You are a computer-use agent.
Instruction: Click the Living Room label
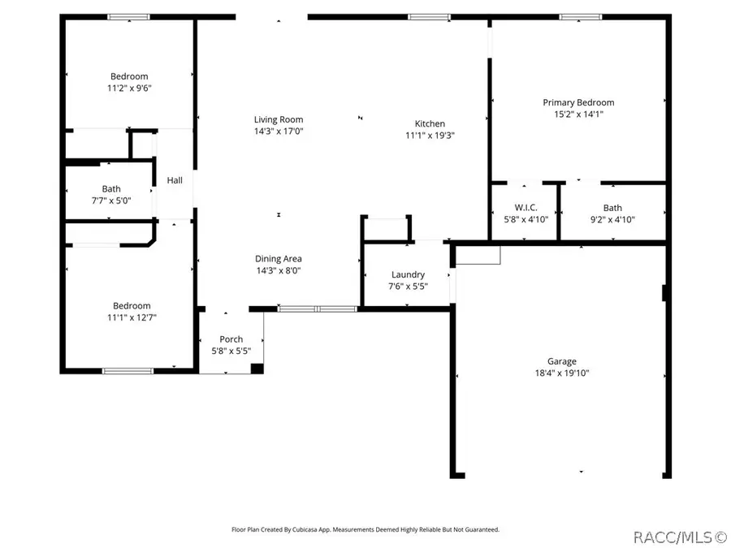coord(279,120)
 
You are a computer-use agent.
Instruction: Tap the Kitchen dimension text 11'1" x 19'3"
coord(430,136)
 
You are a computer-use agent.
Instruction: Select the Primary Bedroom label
coord(578,103)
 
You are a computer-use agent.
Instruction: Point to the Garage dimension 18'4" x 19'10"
coord(561,373)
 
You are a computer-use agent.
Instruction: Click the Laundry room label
coord(408,275)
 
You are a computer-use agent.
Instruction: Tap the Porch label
coord(231,339)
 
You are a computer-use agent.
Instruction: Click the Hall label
coord(175,181)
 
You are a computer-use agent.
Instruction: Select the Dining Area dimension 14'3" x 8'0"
coord(279,270)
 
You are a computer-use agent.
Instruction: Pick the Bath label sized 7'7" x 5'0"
coord(111,189)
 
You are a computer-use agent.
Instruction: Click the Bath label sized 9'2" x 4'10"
coord(612,208)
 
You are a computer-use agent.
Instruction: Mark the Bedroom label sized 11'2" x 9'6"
coord(129,77)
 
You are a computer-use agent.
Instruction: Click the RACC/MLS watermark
coord(680,537)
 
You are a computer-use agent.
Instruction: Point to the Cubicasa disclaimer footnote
coord(365,529)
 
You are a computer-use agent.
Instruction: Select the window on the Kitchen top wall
coord(429,16)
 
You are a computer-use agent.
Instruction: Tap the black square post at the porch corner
coord(257,369)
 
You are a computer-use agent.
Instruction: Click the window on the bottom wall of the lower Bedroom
coord(128,371)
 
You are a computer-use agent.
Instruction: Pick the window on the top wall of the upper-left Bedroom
coord(129,16)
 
